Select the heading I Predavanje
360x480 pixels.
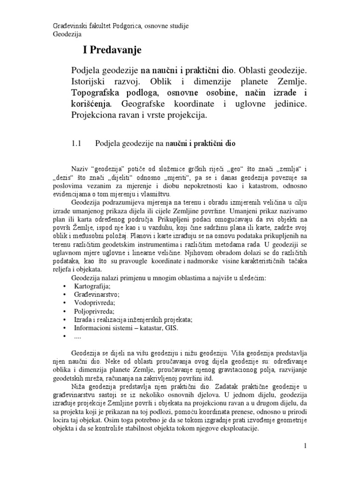pos(109,50)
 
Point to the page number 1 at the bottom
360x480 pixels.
pos(305,446)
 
